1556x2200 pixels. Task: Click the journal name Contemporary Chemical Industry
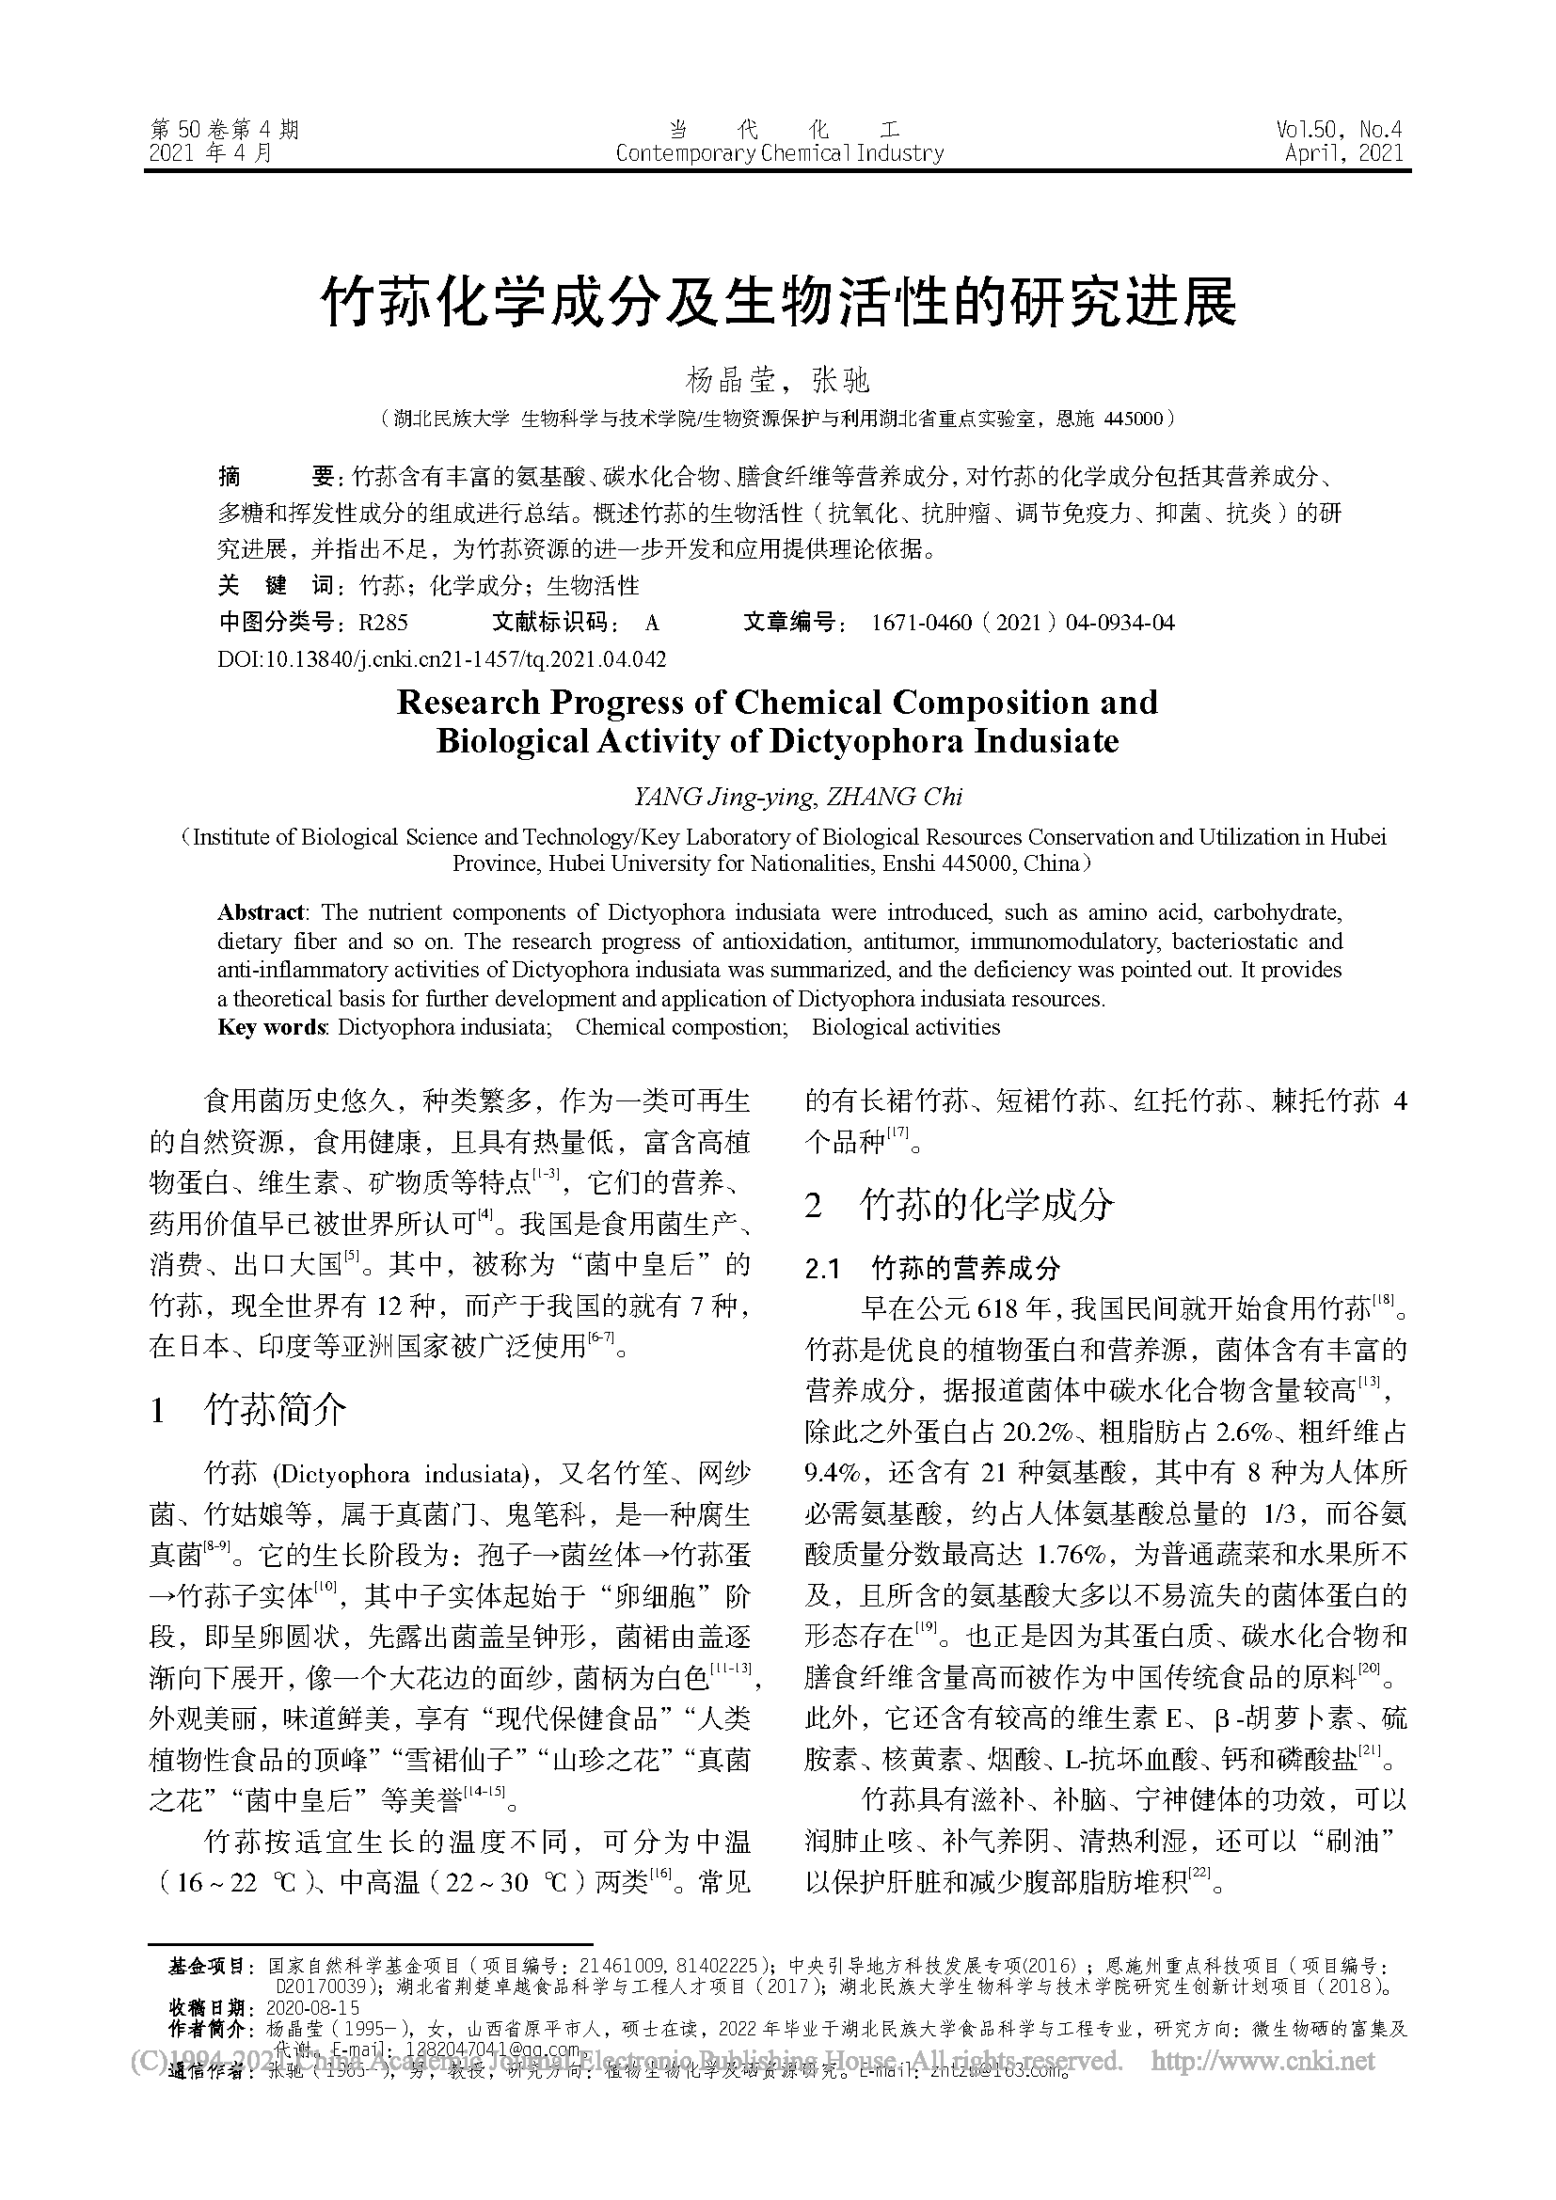click(x=779, y=153)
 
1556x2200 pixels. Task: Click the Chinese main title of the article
click(x=777, y=303)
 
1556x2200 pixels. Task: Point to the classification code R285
click(x=382, y=623)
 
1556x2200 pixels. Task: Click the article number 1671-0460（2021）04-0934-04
click(x=1022, y=623)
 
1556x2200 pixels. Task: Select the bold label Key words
click(x=272, y=1027)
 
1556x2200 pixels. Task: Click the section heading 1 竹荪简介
click(x=249, y=1411)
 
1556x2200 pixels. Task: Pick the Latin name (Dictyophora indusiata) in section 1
click(x=399, y=1475)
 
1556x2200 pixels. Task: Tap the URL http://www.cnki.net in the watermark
click(x=1262, y=2059)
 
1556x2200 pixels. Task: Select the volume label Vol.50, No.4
click(x=1339, y=130)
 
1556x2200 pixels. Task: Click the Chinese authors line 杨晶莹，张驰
click(x=777, y=380)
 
